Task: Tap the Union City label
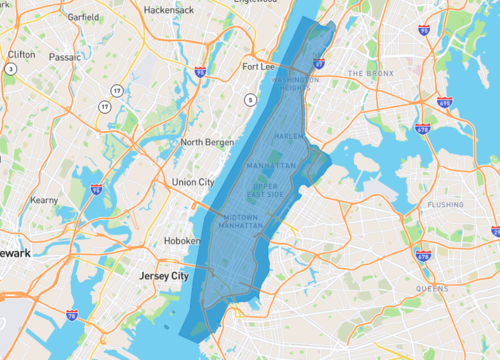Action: pos(193,182)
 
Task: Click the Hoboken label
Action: pos(183,242)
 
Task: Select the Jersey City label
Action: pos(159,275)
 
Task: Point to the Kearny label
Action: pos(45,200)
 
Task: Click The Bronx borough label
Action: pos(371,74)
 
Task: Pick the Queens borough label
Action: pos(432,288)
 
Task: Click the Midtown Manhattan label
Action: pos(240,222)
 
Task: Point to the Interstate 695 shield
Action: pos(444,102)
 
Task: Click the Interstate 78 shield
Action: pos(72,315)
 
